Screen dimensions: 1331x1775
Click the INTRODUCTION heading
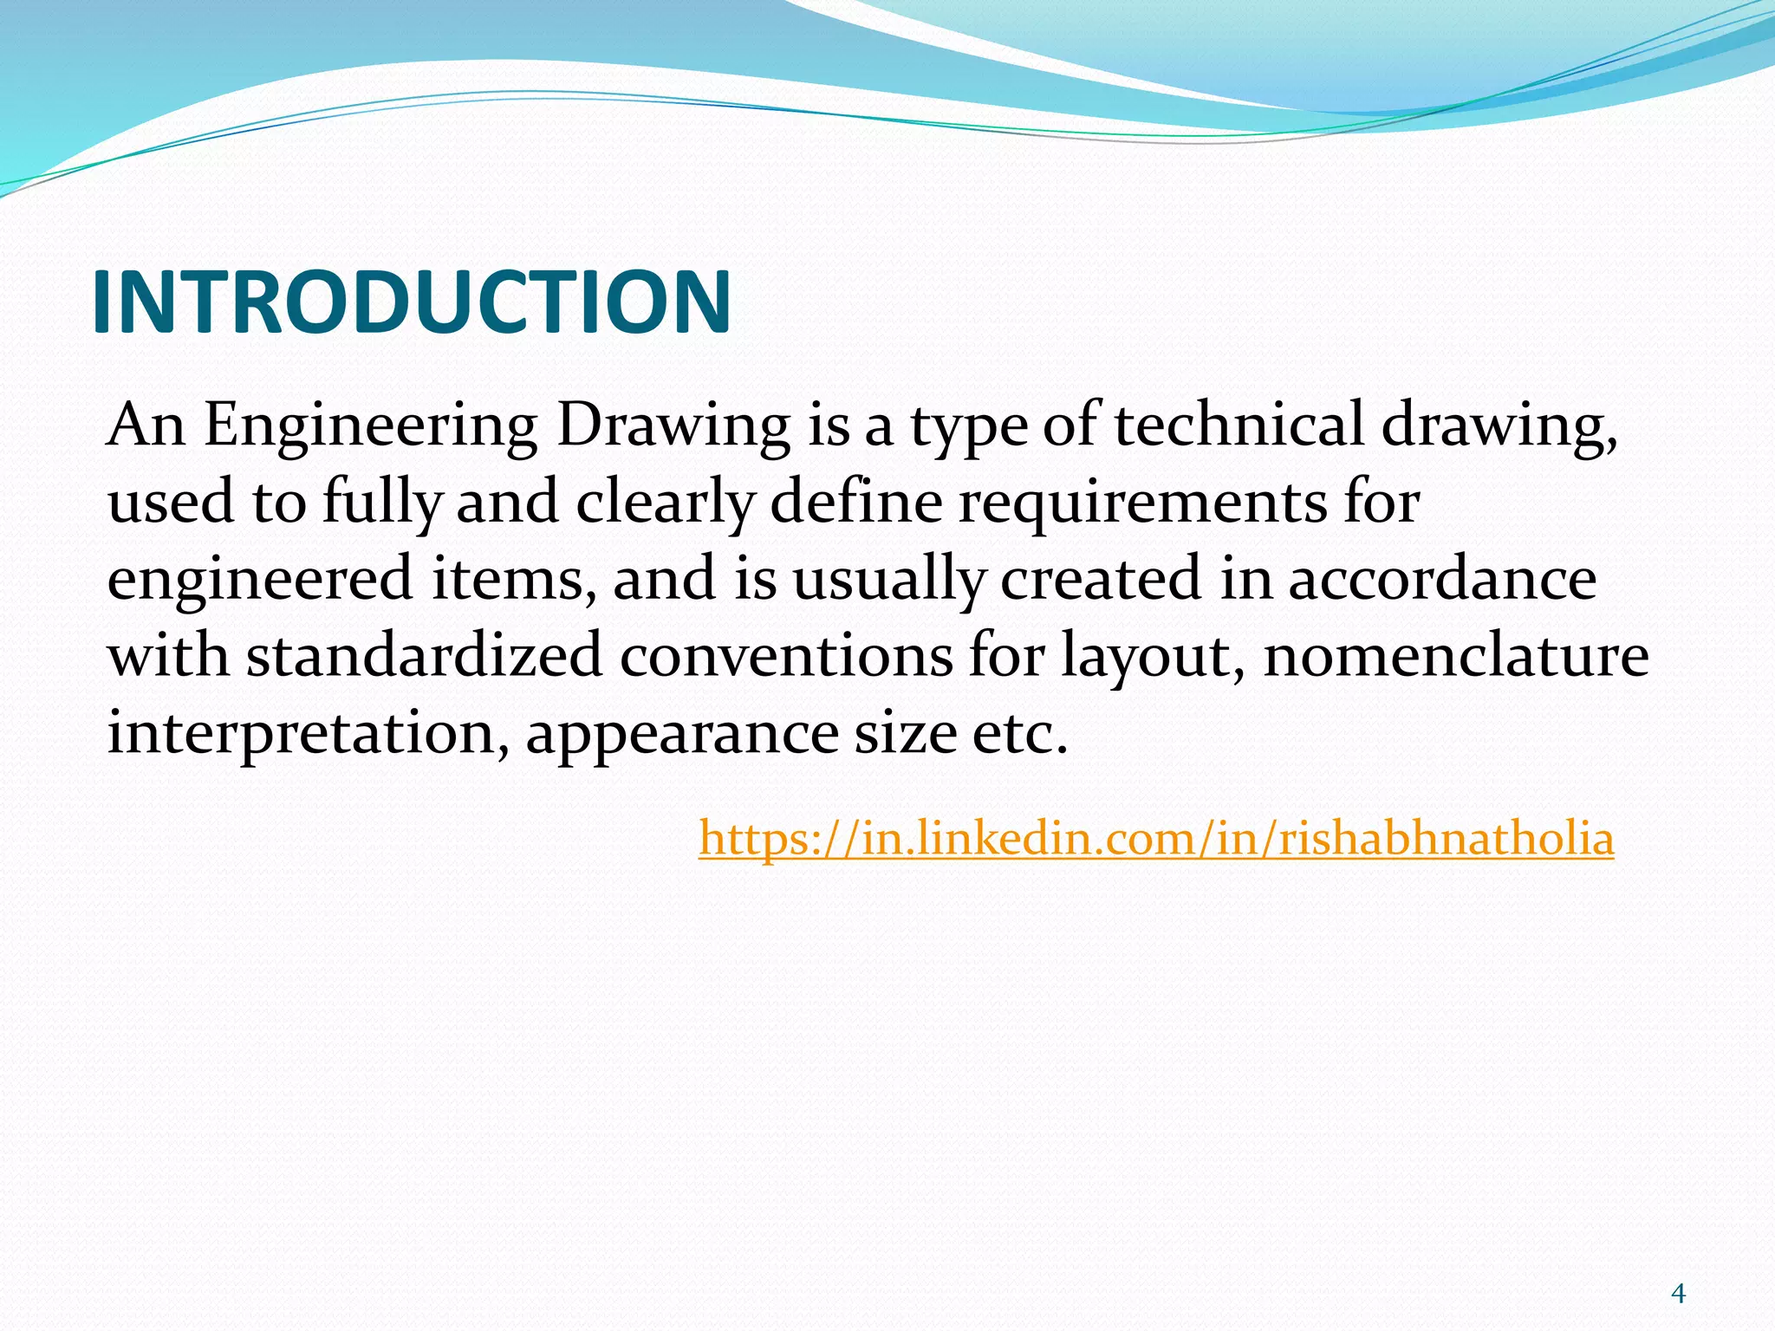tap(411, 302)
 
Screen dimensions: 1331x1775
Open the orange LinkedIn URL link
tap(1156, 838)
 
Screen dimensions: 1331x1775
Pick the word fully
tap(382, 503)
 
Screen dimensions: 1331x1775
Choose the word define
tap(855, 502)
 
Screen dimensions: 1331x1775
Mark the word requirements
tap(1141, 503)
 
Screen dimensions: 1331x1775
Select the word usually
tap(888, 580)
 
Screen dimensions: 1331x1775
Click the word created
tap(1101, 578)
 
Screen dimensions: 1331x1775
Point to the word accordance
tap(1441, 578)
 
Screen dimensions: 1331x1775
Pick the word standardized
tap(424, 655)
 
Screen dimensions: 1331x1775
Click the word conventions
tap(786, 656)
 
